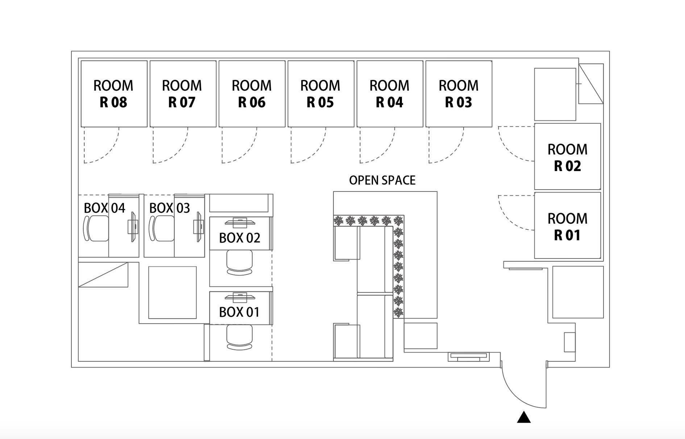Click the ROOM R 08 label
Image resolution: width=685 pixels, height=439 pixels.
[x=113, y=94]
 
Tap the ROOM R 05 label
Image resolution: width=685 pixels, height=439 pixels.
[x=320, y=94]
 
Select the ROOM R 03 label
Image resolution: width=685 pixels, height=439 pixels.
[x=458, y=94]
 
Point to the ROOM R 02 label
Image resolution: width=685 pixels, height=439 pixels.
[x=567, y=158]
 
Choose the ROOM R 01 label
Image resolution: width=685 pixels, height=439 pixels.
[x=567, y=227]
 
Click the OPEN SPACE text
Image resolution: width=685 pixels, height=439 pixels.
[x=382, y=180]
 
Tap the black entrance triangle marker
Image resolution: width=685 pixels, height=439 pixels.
[x=524, y=418]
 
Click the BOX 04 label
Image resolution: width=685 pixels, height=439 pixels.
[x=104, y=208]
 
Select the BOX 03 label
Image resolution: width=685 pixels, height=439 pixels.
[x=170, y=208]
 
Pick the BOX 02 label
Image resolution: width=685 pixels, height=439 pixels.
[x=240, y=238]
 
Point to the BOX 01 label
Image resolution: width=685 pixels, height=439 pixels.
[x=239, y=312]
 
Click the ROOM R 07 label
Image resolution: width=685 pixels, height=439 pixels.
[x=182, y=94]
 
